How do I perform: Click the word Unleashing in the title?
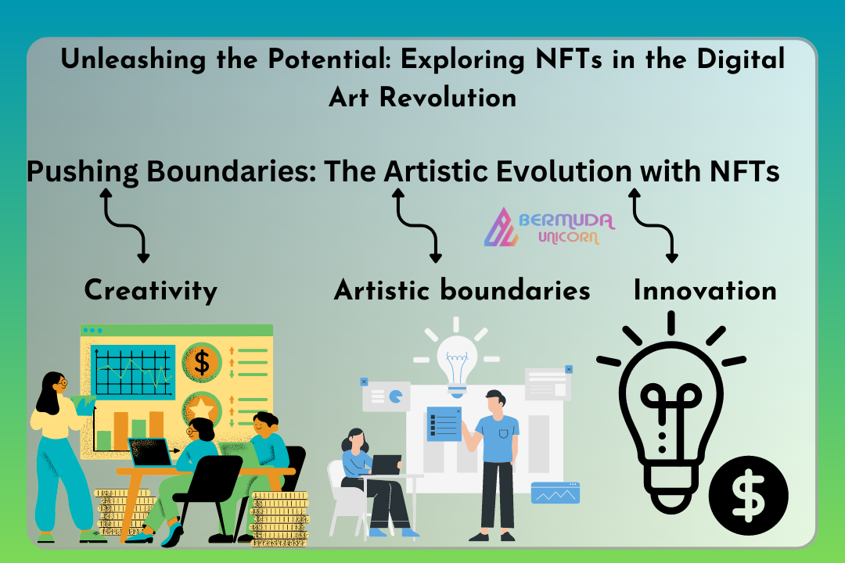coord(133,59)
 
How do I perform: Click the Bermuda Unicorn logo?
coord(548,228)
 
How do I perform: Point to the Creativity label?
coord(151,292)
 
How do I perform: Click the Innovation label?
coord(705,290)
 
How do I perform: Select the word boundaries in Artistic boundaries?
coord(515,290)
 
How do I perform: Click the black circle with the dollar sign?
coord(748,496)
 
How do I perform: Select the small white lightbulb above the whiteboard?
coord(456,358)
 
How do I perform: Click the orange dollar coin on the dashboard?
coord(202,362)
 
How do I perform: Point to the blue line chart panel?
coord(133,371)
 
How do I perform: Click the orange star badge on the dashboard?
coord(202,409)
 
